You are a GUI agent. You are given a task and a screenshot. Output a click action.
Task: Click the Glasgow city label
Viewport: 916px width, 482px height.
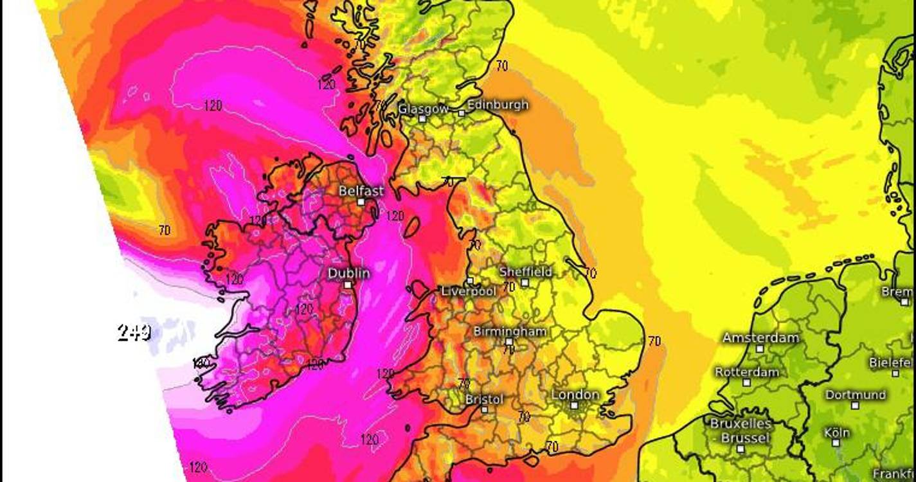pyautogui.click(x=423, y=109)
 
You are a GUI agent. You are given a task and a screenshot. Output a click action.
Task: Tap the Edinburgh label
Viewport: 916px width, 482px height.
pyautogui.click(x=498, y=105)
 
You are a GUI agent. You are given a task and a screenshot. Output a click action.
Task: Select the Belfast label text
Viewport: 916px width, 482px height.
pyautogui.click(x=361, y=191)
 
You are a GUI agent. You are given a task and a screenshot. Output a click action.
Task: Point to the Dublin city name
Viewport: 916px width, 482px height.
pyautogui.click(x=349, y=273)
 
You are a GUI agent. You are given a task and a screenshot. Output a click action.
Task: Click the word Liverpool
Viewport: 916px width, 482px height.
pyautogui.click(x=469, y=291)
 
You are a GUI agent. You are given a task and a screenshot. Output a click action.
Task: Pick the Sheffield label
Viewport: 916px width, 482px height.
pyautogui.click(x=526, y=272)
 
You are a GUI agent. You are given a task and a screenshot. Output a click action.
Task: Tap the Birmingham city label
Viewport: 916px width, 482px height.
pyautogui.click(x=510, y=332)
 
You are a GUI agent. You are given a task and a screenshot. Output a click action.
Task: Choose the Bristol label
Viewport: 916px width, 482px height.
pyautogui.click(x=484, y=399)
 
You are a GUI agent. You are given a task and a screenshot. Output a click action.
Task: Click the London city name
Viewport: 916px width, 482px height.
pyautogui.click(x=575, y=395)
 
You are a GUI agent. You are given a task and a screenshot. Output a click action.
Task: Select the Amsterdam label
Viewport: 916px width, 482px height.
pyautogui.click(x=760, y=338)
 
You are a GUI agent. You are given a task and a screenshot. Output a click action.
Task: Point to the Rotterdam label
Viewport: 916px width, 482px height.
pyautogui.click(x=747, y=372)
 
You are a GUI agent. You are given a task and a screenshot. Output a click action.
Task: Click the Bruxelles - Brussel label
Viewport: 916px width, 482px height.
pyautogui.click(x=740, y=431)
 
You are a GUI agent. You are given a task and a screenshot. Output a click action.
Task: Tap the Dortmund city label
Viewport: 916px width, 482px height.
pyautogui.click(x=855, y=395)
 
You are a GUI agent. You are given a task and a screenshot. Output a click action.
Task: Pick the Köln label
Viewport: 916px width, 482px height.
pyautogui.click(x=836, y=433)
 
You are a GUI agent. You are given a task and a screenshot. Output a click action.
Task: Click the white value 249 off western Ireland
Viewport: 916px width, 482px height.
pyautogui.click(x=134, y=332)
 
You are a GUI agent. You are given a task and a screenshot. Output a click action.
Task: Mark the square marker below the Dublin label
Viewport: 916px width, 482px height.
pyautogui.click(x=348, y=285)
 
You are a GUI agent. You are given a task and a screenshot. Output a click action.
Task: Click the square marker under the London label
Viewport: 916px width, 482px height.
pyautogui.click(x=574, y=406)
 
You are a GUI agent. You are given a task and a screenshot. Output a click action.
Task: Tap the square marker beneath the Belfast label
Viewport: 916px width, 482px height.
pyautogui.click(x=361, y=202)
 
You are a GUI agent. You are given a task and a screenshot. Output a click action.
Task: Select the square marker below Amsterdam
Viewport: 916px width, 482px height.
pyautogui.click(x=760, y=349)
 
